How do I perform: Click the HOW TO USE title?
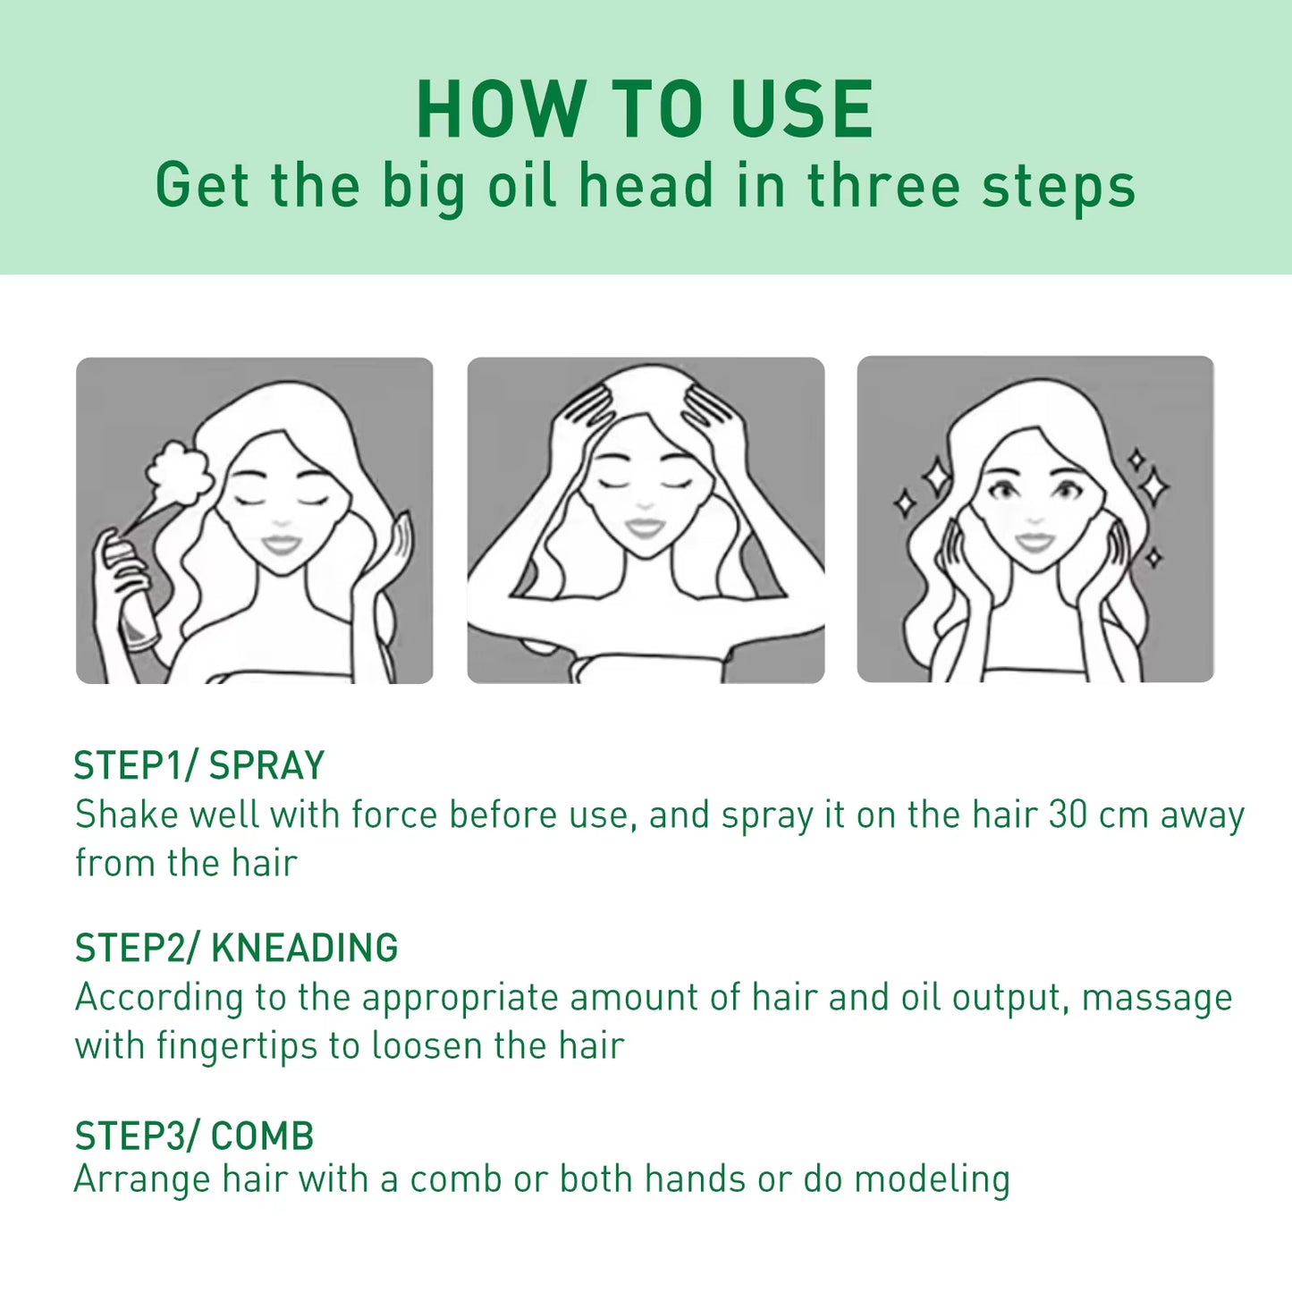pyautogui.click(x=645, y=109)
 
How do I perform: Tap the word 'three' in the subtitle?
pyautogui.click(x=883, y=186)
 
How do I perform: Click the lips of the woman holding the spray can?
pyautogui.click(x=281, y=544)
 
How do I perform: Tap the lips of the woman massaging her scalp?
pyautogui.click(x=645, y=528)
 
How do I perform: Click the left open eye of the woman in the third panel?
pyautogui.click(x=1004, y=490)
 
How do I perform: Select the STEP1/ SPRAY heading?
pyautogui.click(x=198, y=765)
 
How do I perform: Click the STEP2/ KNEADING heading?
pyautogui.click(x=236, y=948)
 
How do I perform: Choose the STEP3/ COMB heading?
pyautogui.click(x=194, y=1136)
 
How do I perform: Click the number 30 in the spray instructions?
pyautogui.click(x=1068, y=815)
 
